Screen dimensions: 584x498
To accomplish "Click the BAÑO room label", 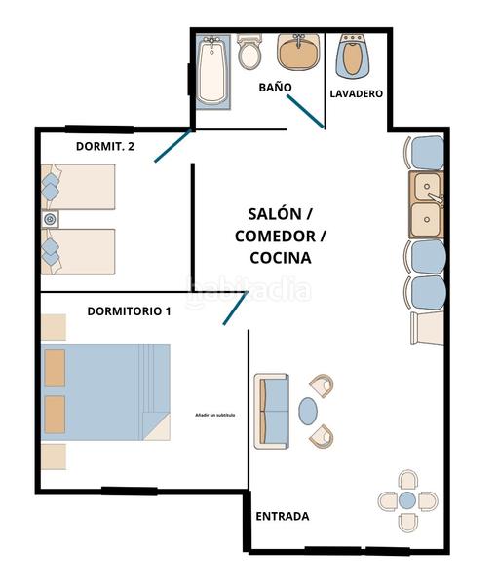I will tap(275, 88).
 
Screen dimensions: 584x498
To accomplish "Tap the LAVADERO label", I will tap(356, 94).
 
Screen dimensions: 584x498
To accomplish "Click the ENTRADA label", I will tap(282, 517).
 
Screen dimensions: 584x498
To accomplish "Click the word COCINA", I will tap(280, 258).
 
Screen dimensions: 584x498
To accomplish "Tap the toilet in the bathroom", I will tap(249, 53).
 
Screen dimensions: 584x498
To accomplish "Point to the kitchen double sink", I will tap(426, 204).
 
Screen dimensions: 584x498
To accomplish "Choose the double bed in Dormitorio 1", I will tap(105, 391).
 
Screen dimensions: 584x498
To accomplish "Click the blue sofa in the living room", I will tap(273, 410).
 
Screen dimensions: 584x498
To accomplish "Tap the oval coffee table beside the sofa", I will tap(308, 411).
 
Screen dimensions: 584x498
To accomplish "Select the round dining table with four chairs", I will tap(406, 500).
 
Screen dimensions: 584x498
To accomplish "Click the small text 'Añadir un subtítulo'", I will tap(214, 416).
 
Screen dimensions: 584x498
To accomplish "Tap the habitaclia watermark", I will tap(249, 289).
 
